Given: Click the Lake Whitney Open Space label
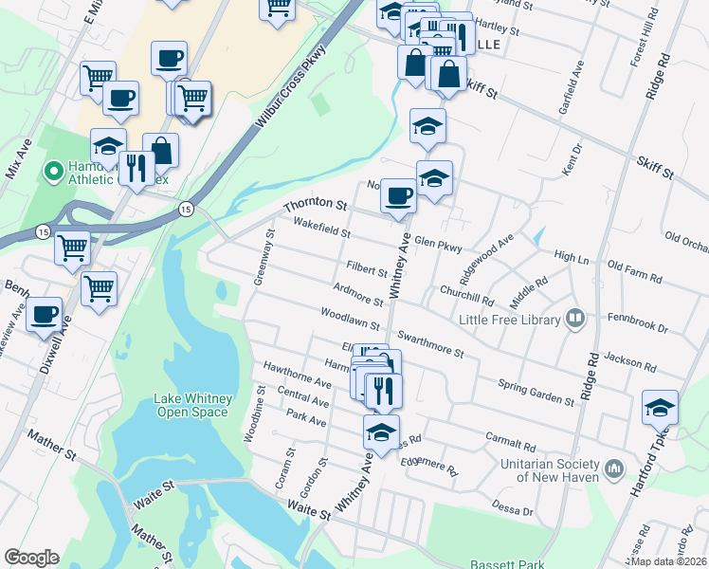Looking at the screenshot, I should point(192,406).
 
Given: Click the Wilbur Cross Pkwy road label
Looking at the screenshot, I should point(289,91).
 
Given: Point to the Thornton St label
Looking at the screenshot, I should point(316,204).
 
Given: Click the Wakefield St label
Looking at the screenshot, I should point(321,228).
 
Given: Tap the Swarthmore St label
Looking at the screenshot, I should point(431,344).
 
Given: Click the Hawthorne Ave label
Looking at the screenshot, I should point(297,375).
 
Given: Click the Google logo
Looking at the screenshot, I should point(31,558).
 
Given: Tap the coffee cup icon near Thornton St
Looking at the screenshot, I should point(398,195).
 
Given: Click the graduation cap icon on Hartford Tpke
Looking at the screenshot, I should point(660,407).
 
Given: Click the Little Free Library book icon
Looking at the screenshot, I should point(574,319).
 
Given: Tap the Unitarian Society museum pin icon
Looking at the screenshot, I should point(614,468).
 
